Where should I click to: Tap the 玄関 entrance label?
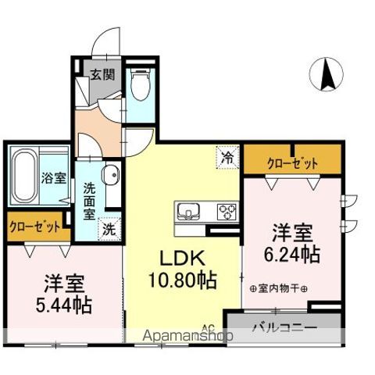tap(102, 75)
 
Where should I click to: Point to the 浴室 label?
tap(52, 177)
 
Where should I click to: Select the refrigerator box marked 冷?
tap(228, 156)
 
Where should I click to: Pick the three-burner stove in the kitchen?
tap(227, 211)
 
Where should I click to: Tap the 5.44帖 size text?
tap(64, 303)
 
